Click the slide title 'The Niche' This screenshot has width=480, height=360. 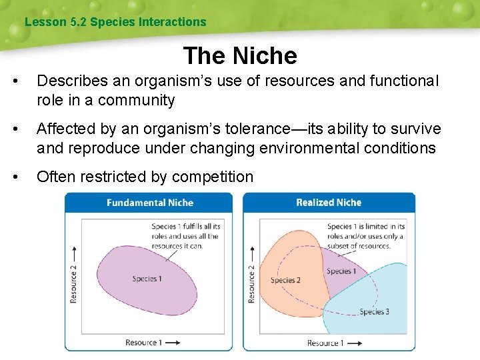point(239,55)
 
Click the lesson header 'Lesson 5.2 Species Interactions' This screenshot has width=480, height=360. point(115,22)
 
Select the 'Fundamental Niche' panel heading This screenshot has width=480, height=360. point(149,203)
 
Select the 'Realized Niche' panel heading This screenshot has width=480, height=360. point(329,203)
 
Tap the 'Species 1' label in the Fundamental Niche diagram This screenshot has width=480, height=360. point(147,279)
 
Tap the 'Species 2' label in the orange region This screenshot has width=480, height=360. point(285,280)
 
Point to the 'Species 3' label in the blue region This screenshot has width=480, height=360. point(374,311)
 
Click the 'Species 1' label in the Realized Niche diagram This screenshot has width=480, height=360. point(341,271)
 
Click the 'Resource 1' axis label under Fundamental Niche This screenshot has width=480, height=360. point(143,343)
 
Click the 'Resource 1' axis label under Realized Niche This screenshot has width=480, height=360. point(325,343)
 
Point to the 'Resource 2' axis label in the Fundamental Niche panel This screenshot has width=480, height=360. point(73,283)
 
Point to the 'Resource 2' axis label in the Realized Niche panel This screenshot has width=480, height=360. point(251,283)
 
